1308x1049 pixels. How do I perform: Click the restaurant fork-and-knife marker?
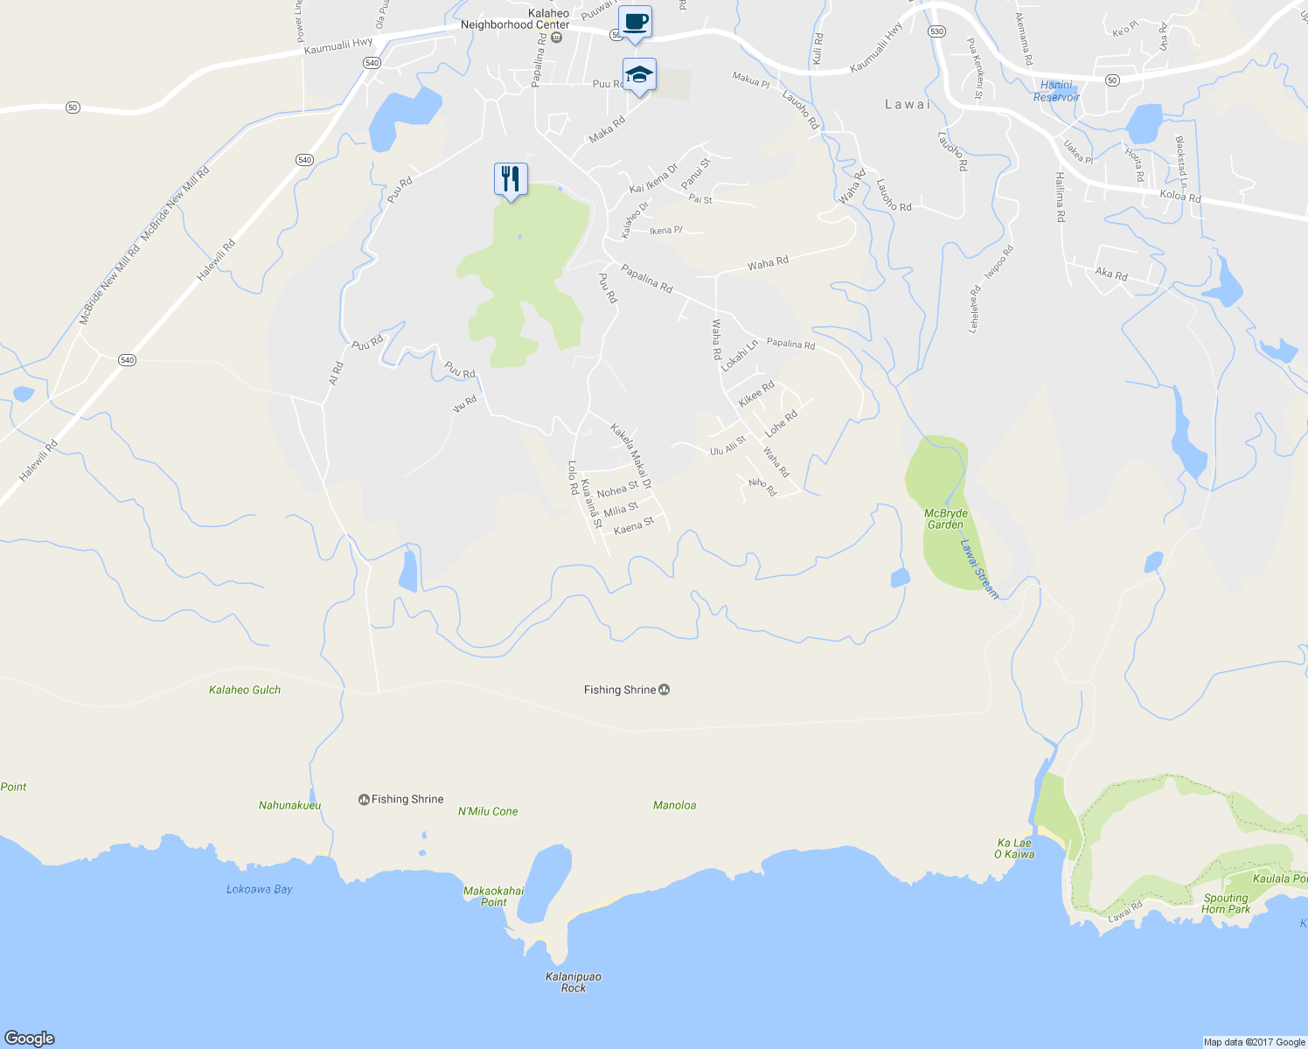click(x=511, y=179)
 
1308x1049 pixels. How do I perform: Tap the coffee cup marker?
click(x=635, y=22)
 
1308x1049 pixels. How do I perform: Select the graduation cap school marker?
click(x=639, y=75)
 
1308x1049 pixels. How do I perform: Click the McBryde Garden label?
click(x=945, y=519)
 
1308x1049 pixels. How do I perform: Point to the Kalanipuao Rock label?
click(x=574, y=982)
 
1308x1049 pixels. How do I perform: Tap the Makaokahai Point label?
click(x=494, y=896)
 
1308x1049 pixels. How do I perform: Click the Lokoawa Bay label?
click(x=260, y=889)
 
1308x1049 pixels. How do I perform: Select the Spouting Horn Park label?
click(x=1226, y=903)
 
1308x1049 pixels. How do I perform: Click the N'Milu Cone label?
click(x=488, y=811)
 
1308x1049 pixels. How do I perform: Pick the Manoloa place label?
click(x=675, y=805)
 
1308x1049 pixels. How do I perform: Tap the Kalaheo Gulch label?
click(x=245, y=690)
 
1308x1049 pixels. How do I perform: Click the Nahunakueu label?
click(x=289, y=805)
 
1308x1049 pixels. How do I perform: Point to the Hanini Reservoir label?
click(x=1056, y=91)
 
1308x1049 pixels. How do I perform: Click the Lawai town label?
click(x=908, y=104)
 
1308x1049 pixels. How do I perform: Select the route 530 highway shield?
click(x=937, y=31)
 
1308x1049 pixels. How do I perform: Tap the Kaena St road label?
click(x=634, y=526)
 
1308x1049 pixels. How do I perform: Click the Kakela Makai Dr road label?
click(x=631, y=456)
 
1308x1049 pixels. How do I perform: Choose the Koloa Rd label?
click(x=1180, y=197)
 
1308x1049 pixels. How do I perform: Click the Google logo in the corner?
click(x=30, y=1038)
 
